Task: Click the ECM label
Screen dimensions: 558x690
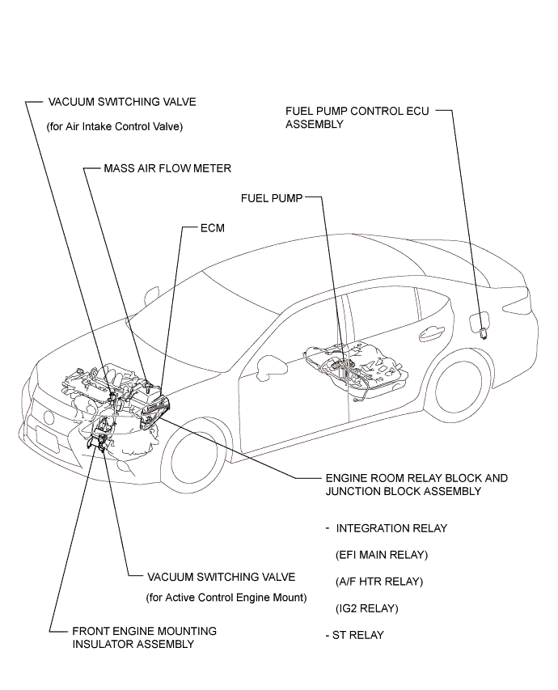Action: pyautogui.click(x=213, y=228)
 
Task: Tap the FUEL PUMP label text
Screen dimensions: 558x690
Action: pyautogui.click(x=272, y=198)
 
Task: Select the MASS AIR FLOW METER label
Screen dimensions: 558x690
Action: pyautogui.click(x=167, y=168)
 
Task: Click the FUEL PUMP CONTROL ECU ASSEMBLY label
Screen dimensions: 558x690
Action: pyautogui.click(x=357, y=117)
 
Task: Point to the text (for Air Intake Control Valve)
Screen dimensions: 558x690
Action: pyautogui.click(x=115, y=127)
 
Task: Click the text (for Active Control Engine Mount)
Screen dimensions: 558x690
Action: pyautogui.click(x=226, y=598)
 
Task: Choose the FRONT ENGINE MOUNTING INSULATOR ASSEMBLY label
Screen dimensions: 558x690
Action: pyautogui.click(x=144, y=637)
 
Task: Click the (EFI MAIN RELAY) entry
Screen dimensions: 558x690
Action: pyautogui.click(x=382, y=555)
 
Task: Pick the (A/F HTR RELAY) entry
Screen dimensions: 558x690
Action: pyautogui.click(x=379, y=582)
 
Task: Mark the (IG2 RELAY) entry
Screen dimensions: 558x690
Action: pyautogui.click(x=367, y=608)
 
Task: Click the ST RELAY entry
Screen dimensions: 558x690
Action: pyautogui.click(x=355, y=635)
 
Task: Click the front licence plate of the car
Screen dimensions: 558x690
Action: pyautogui.click(x=47, y=439)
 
